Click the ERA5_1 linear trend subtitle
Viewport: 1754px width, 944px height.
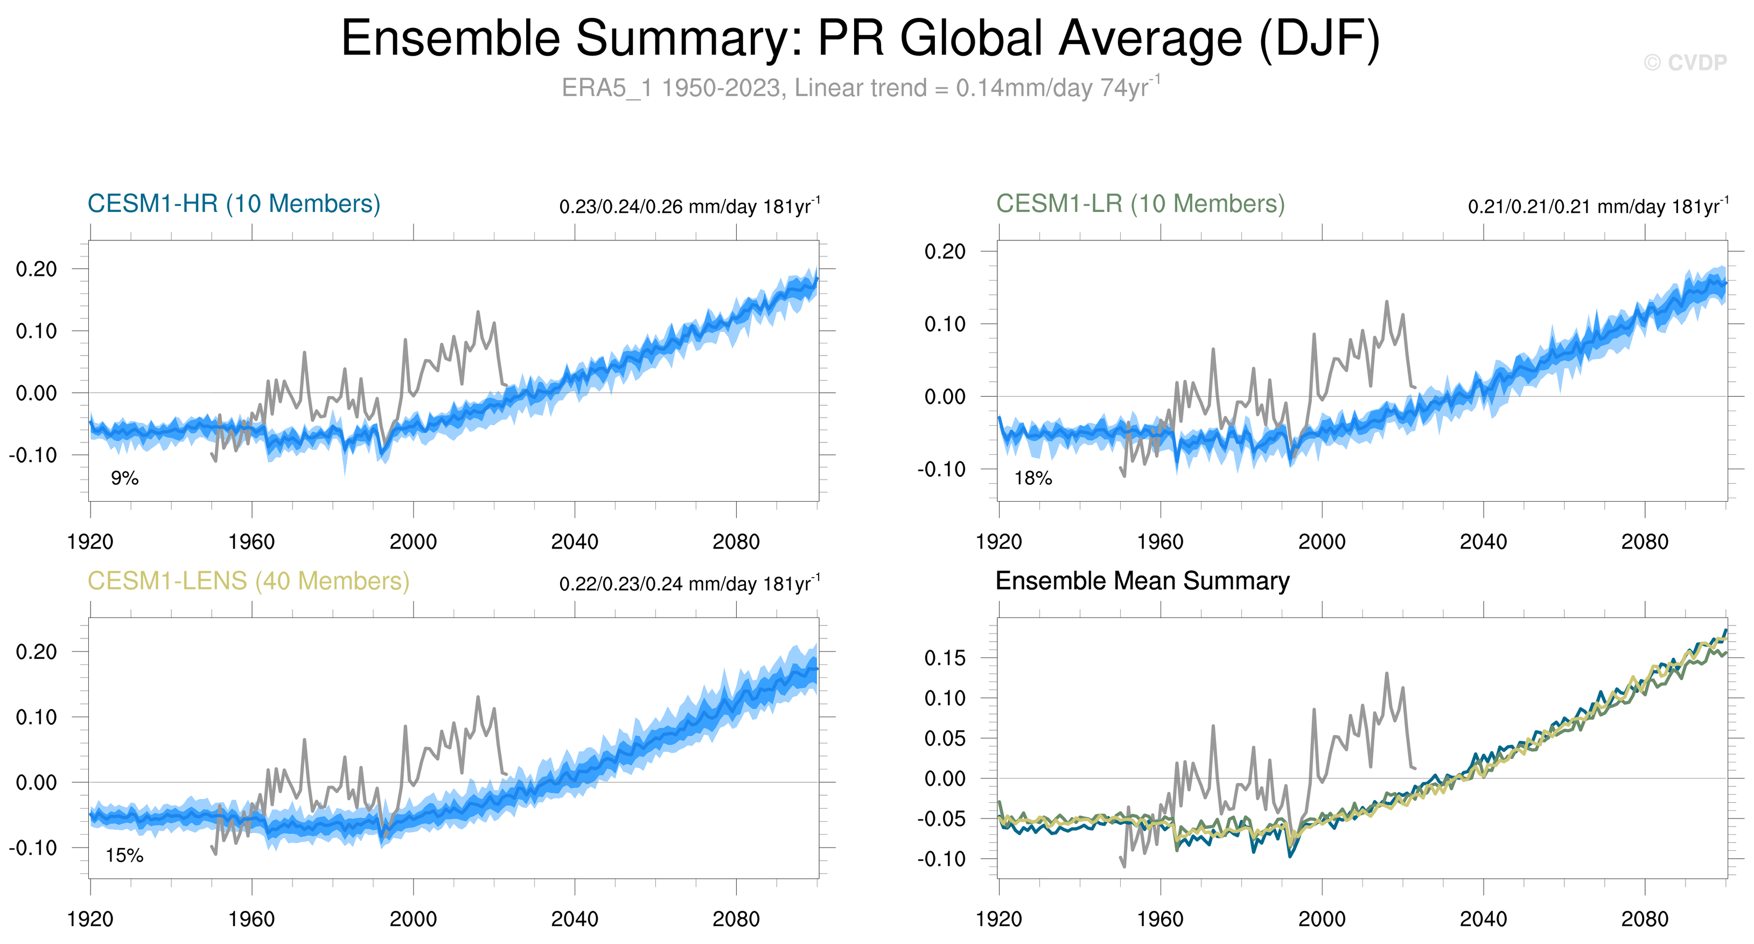coord(860,88)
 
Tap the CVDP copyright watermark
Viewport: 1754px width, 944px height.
coord(1685,63)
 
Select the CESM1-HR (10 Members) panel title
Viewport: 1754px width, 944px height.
coord(234,204)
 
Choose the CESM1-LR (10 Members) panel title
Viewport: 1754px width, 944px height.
coord(1140,204)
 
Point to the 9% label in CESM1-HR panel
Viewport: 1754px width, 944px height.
coord(124,478)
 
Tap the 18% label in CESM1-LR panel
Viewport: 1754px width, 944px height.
coord(1033,478)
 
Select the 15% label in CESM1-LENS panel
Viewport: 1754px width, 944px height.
coord(124,856)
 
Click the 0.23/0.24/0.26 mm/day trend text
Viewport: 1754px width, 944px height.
coord(689,206)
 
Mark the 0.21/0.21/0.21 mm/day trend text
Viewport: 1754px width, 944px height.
coord(1597,206)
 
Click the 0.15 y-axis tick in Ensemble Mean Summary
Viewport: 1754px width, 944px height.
coord(945,658)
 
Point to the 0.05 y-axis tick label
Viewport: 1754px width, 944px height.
coord(945,738)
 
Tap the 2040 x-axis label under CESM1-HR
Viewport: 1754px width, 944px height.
coord(574,542)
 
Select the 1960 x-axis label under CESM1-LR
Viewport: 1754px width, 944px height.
coord(1159,542)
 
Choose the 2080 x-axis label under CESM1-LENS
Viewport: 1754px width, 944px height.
coord(736,919)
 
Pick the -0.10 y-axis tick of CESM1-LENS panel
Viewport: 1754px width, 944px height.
coord(33,848)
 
